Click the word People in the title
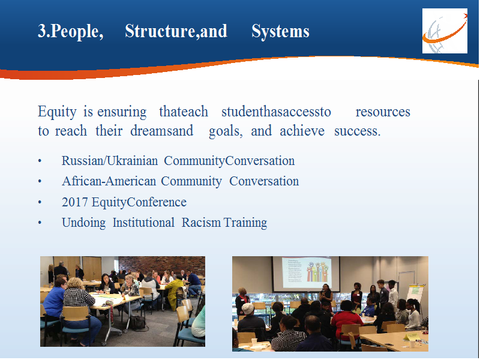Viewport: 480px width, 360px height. coord(74,31)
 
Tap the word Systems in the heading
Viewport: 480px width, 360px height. coord(280,31)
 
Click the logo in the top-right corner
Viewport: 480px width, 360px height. coord(445,31)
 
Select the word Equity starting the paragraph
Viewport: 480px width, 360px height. coord(57,112)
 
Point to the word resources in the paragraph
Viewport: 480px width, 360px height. coord(383,112)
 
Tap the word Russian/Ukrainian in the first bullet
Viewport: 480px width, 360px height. coord(110,161)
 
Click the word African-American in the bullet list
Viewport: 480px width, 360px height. coord(109,181)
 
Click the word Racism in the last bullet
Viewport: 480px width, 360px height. coord(201,223)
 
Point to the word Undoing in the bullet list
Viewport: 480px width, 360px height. coord(83,223)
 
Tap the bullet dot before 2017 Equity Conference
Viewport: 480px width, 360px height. coord(40,202)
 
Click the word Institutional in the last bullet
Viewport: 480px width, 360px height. coord(143,223)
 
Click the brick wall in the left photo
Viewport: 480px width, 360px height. coord(161,265)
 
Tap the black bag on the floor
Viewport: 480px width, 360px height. coord(138,323)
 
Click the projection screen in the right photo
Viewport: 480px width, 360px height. coord(306,274)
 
